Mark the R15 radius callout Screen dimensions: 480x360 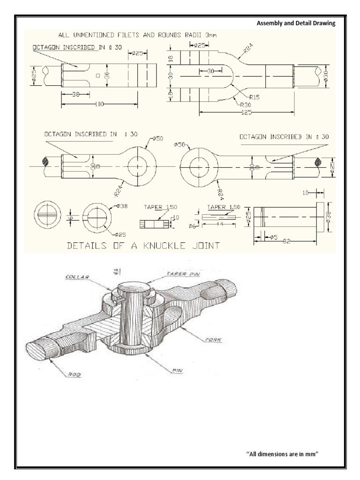click(255, 97)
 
